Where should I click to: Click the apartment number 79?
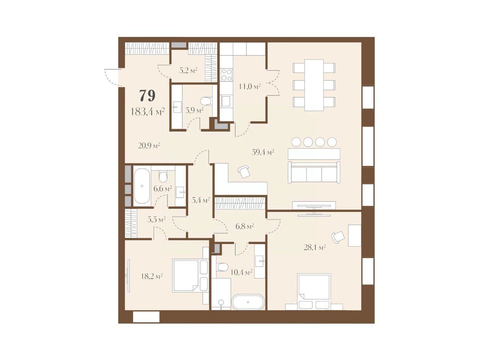pos(147,96)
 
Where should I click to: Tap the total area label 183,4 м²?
pos(147,112)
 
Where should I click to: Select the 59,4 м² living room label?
pos(263,152)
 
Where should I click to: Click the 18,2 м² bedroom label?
pos(152,276)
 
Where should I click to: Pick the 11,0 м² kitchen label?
pos(250,86)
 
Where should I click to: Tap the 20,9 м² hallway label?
pos(149,145)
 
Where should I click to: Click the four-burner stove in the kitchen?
pos(226,75)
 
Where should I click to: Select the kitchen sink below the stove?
pos(226,101)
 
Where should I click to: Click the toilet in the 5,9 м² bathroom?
pos(206,101)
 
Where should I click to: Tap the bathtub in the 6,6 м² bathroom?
pos(142,186)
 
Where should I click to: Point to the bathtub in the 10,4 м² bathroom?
pos(248,302)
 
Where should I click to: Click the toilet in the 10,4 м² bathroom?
pos(222,267)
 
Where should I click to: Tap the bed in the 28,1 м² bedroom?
pos(314,291)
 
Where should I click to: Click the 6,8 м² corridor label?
pos(244,226)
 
